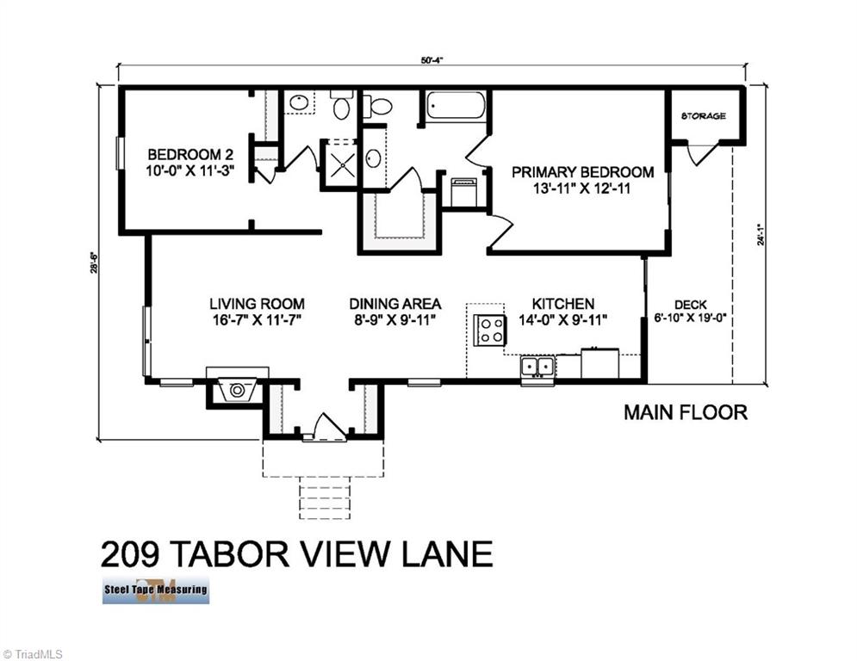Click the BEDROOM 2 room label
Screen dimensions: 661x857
click(x=190, y=147)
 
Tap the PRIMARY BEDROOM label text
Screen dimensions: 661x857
click(x=582, y=172)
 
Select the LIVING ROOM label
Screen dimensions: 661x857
click(x=257, y=304)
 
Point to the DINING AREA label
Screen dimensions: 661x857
click(x=395, y=304)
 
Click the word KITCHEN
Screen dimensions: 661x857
click(x=562, y=304)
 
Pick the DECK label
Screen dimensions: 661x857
click(x=690, y=305)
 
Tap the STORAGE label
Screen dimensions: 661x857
click(x=703, y=116)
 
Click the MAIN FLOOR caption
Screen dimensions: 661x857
click(x=686, y=412)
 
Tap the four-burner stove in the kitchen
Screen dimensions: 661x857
click(x=491, y=329)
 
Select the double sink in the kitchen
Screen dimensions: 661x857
click(x=538, y=368)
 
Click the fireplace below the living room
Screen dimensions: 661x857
click(x=238, y=390)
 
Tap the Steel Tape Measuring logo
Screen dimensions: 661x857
click(x=155, y=590)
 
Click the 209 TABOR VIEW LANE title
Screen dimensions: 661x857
click(x=296, y=553)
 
